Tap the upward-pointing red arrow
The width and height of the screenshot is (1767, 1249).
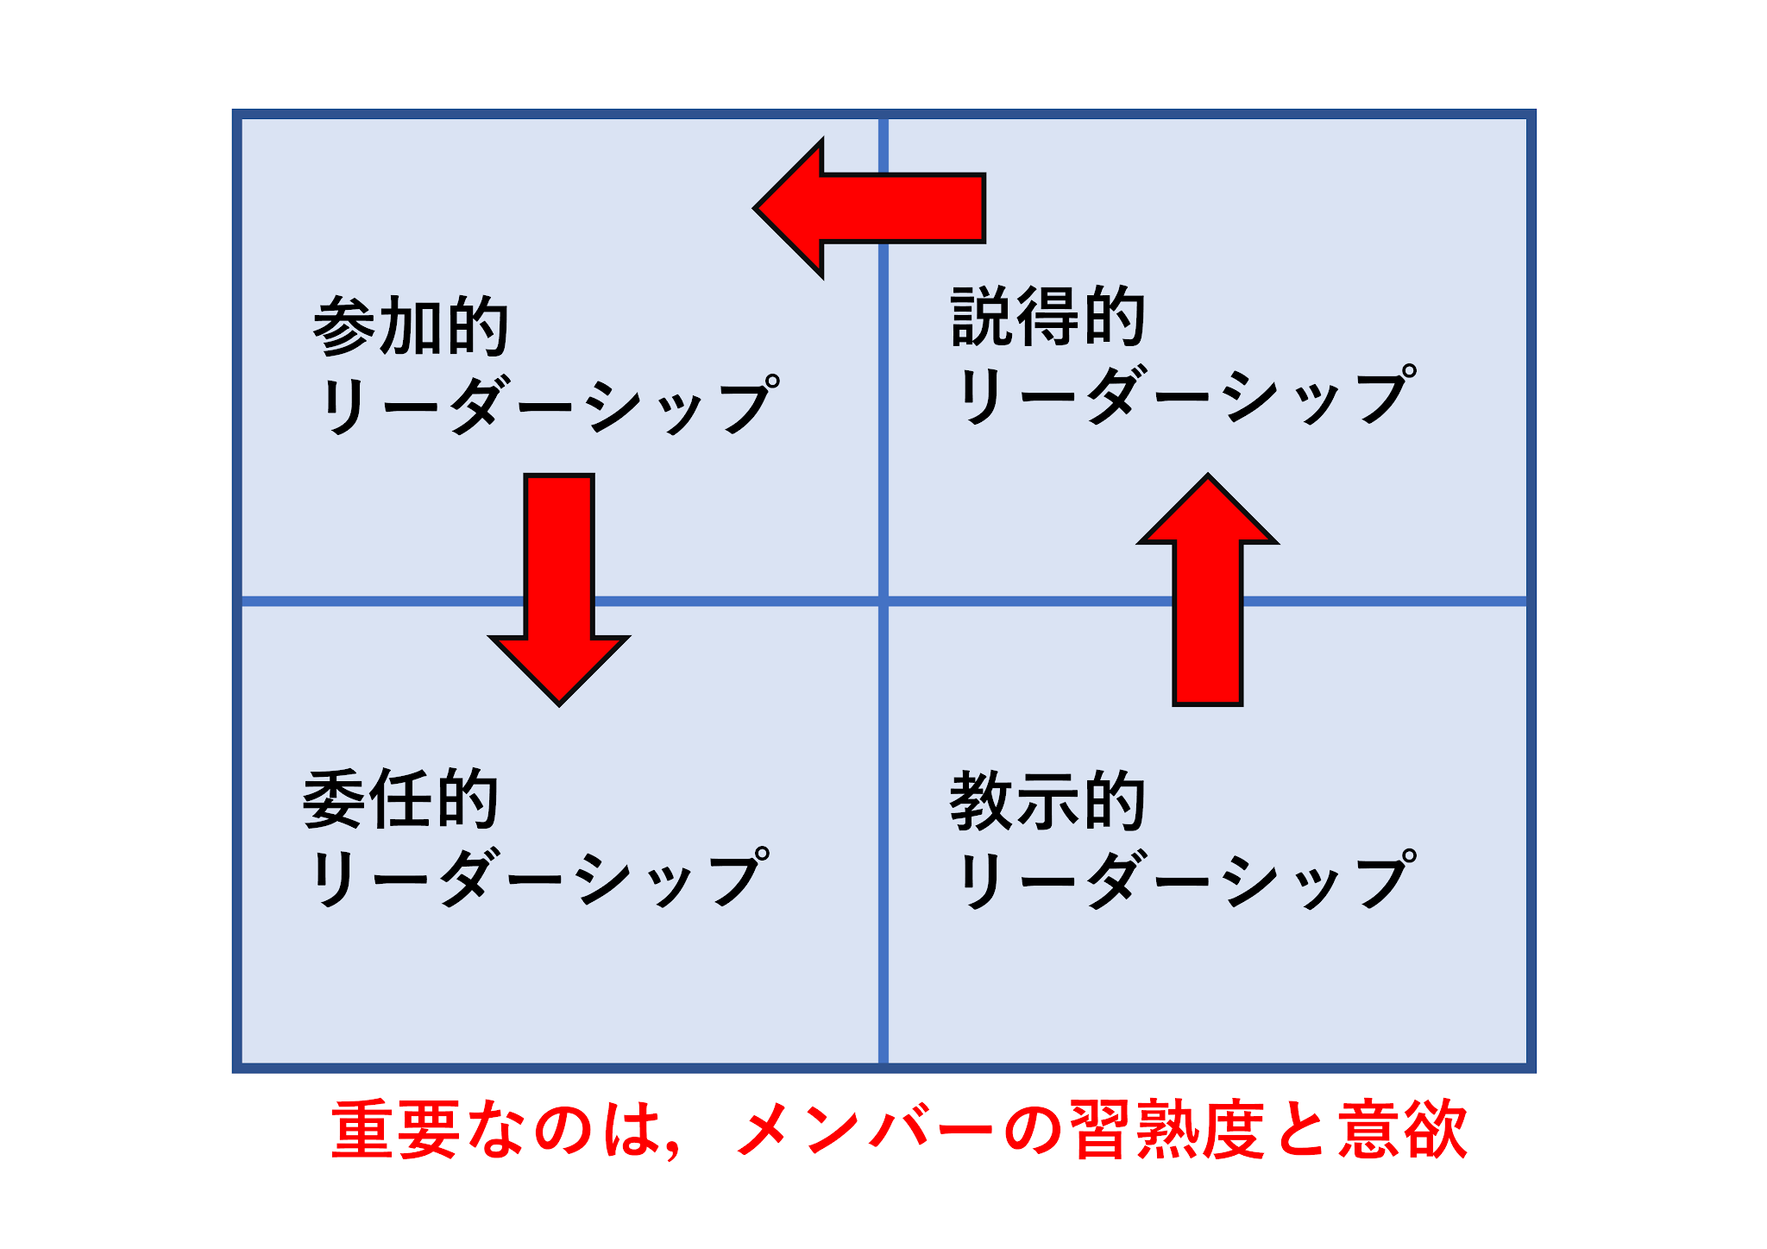[x=1208, y=596]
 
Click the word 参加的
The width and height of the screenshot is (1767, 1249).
[x=411, y=325]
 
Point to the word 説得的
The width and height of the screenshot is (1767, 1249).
[x=1048, y=317]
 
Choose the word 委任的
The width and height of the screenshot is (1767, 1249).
[x=400, y=799]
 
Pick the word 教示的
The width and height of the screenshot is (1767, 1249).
[x=1047, y=801]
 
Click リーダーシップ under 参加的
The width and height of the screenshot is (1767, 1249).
[x=549, y=405]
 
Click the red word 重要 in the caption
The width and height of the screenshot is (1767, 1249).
[x=394, y=1129]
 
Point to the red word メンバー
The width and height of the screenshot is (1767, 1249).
[x=866, y=1129]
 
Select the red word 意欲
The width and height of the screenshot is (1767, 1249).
[x=1402, y=1129]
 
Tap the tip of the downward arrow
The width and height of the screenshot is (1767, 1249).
[x=559, y=703]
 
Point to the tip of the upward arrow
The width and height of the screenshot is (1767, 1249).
[x=1208, y=476]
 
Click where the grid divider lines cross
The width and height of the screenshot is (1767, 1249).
[x=883, y=600]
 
